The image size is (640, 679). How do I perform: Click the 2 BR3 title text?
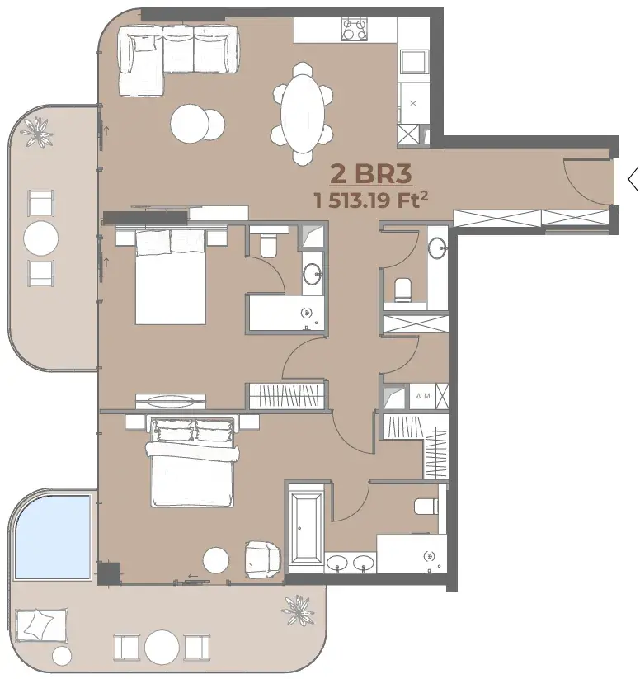tap(370, 174)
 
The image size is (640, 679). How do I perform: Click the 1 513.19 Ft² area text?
tap(371, 200)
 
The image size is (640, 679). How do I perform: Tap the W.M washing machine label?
tap(422, 396)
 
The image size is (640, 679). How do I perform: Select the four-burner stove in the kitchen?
tap(354, 29)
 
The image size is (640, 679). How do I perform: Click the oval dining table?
tap(303, 114)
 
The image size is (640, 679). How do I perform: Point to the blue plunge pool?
tap(53, 536)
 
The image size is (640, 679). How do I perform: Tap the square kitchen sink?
tap(414, 61)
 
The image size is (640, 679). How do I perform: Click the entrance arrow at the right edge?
tap(633, 178)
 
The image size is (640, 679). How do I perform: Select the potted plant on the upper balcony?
tap(37, 132)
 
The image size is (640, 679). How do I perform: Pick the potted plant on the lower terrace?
tap(298, 611)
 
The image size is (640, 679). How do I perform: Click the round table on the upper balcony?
tap(41, 238)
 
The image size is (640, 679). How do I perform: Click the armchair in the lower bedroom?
tap(262, 559)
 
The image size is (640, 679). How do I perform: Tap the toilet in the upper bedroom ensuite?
tap(269, 245)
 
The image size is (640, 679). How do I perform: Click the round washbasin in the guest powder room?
tap(438, 248)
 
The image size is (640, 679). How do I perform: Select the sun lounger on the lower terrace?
tap(41, 625)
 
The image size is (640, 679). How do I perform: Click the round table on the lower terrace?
tap(162, 647)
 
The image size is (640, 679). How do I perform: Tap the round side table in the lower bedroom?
tap(216, 560)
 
